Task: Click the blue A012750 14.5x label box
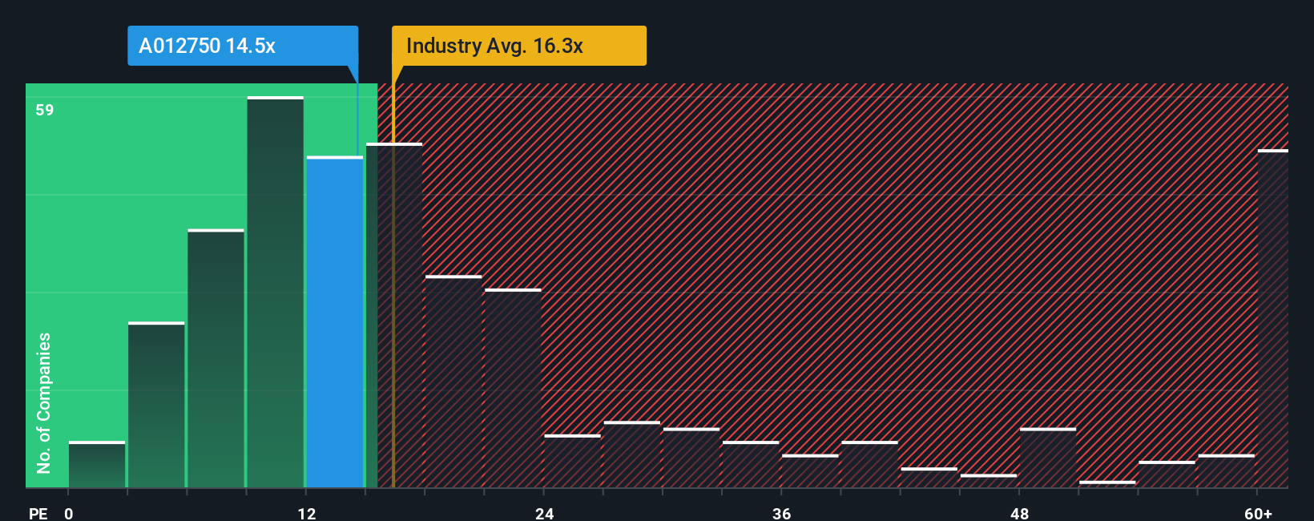(242, 46)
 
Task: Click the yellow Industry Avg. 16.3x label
(518, 46)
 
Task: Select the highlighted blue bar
(335, 321)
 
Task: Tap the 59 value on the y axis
(45, 110)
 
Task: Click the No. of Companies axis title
(44, 402)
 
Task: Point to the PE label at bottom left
(38, 513)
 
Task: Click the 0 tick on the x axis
(69, 513)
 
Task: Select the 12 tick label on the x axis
(307, 513)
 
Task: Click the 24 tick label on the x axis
(545, 513)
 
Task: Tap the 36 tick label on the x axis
(782, 513)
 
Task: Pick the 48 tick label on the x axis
(1019, 513)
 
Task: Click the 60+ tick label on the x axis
(1258, 513)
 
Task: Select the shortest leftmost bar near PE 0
(97, 465)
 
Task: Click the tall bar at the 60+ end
(1272, 321)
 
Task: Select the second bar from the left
(156, 405)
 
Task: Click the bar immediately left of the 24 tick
(513, 389)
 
